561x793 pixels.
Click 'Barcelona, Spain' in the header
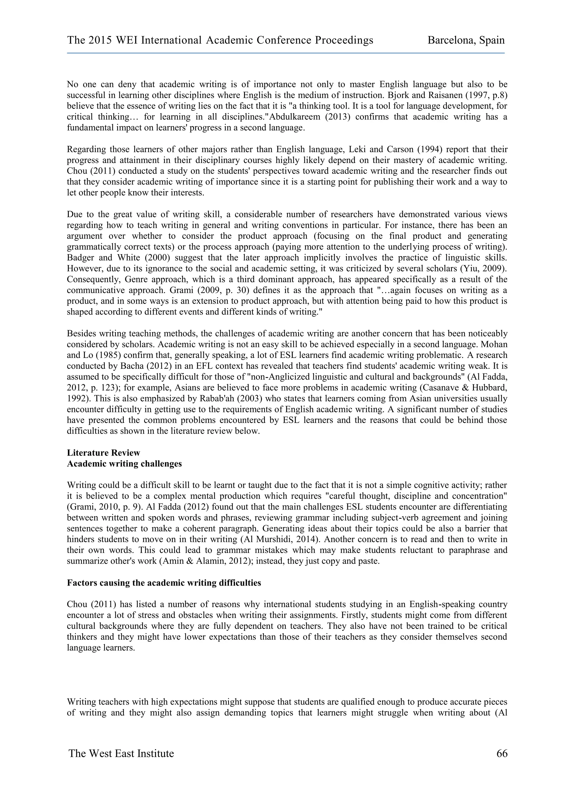(466, 41)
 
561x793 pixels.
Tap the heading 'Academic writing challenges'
(124, 464)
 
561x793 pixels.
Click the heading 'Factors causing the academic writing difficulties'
(164, 583)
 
